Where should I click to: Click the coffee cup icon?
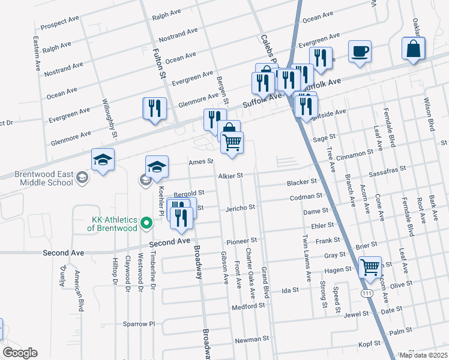(x=360, y=52)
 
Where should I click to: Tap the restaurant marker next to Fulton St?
(x=154, y=109)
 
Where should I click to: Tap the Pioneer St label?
(x=242, y=241)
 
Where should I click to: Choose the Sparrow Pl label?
(x=139, y=324)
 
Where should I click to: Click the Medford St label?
(x=249, y=306)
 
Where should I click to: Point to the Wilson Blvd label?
(x=429, y=115)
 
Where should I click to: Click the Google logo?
(x=20, y=353)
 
